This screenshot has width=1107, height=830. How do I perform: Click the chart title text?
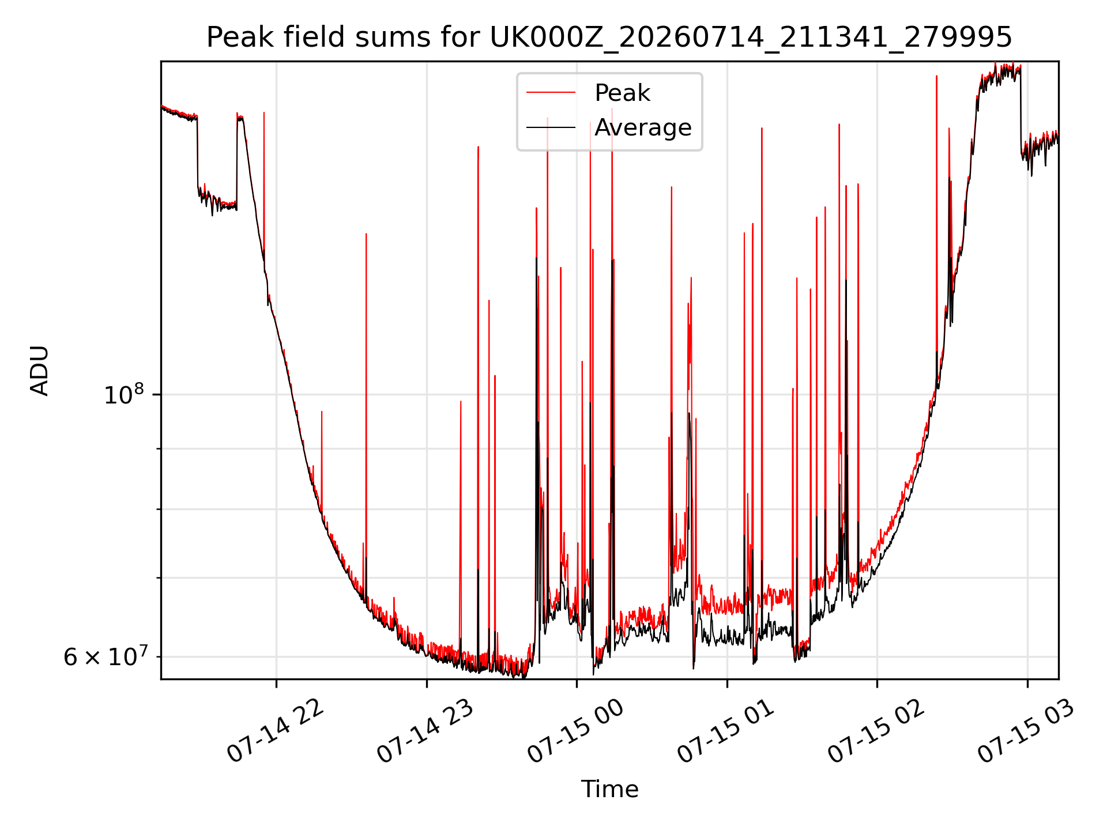click(x=609, y=37)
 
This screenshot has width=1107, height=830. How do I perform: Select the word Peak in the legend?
click(x=622, y=93)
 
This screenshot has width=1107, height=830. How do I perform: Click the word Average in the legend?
click(x=643, y=127)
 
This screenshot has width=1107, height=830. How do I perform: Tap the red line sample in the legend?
click(x=551, y=92)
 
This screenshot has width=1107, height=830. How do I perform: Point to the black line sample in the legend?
click(x=551, y=127)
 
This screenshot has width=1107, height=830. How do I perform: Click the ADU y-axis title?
click(x=40, y=371)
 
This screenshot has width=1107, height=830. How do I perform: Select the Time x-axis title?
click(x=609, y=789)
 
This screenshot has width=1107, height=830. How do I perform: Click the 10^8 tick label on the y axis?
click(x=124, y=395)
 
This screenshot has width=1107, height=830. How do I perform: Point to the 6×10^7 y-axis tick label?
click(x=105, y=657)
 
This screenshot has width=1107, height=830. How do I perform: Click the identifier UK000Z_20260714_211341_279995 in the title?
click(x=751, y=39)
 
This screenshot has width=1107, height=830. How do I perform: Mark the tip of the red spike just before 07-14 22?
click(x=264, y=112)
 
